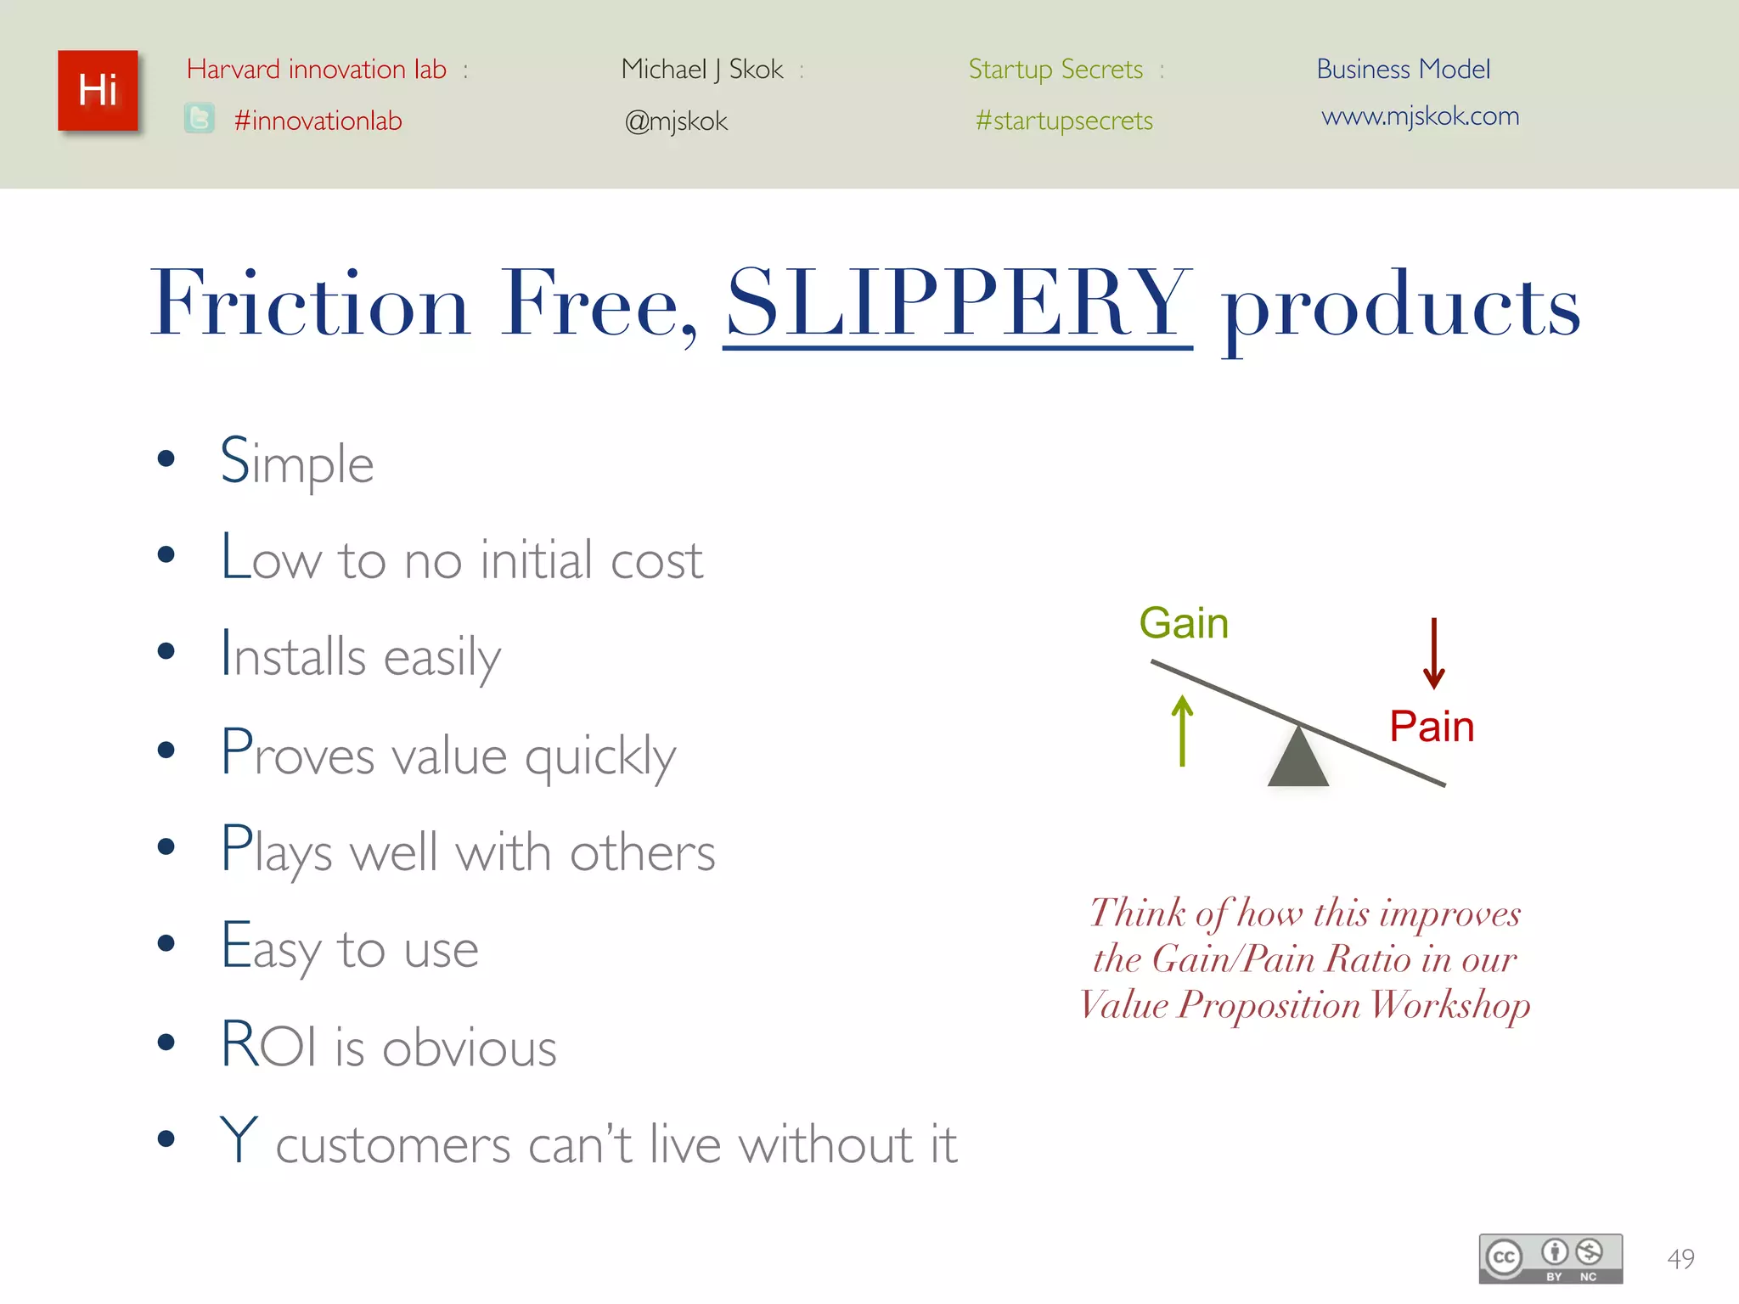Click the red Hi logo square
tap(98, 91)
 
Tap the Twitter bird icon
tap(200, 119)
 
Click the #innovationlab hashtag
tap(318, 121)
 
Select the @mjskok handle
tap(676, 121)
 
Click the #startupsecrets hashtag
tap(1064, 121)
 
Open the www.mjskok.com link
tap(1420, 116)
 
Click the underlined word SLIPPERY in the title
tap(958, 303)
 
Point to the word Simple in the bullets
tap(296, 463)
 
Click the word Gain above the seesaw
tap(1184, 623)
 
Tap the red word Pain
tap(1432, 727)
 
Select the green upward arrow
tap(1182, 730)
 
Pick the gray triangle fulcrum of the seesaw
tap(1297, 760)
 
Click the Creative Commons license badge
tap(1550, 1258)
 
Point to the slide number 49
tap(1680, 1258)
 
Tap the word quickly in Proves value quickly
tap(599, 756)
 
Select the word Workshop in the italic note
tap(1450, 1005)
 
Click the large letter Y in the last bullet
tap(239, 1139)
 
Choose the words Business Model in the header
tap(1403, 69)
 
